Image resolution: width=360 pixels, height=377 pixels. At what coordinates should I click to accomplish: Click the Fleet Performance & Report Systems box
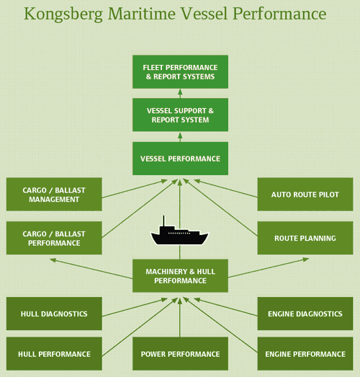[180, 72]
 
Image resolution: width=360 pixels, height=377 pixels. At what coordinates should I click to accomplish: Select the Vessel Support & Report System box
[180, 115]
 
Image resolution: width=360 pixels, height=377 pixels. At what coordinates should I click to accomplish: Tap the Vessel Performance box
[180, 158]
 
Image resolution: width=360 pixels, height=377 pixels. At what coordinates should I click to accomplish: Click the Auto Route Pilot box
[305, 195]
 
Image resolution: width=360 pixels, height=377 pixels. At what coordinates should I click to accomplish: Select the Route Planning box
[305, 239]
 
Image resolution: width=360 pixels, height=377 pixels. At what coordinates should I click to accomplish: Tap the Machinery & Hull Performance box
[180, 276]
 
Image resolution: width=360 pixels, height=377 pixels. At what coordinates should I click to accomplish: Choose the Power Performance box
[180, 354]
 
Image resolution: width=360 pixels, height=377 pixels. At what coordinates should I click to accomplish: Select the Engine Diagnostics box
[305, 314]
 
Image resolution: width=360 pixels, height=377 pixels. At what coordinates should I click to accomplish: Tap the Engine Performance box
[305, 354]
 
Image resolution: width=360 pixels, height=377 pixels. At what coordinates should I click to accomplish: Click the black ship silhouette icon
[180, 235]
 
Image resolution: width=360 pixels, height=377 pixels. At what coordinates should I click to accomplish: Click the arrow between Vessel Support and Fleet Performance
[180, 93]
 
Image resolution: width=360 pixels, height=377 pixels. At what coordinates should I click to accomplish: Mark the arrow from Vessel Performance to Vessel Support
[180, 136]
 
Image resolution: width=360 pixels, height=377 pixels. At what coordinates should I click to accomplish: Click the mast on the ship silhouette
[163, 222]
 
